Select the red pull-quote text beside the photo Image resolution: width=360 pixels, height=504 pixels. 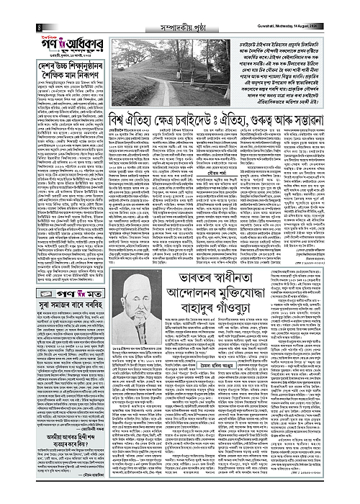click(288, 80)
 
